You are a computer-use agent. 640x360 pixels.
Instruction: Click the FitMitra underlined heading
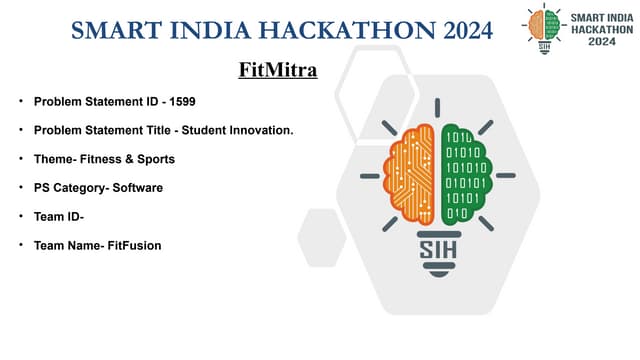(x=278, y=71)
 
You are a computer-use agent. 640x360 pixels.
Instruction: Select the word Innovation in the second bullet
(x=261, y=131)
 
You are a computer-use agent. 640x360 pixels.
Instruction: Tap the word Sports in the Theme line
(x=157, y=159)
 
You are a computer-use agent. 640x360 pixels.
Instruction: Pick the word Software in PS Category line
(x=137, y=187)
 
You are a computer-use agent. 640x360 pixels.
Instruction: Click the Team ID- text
(x=59, y=216)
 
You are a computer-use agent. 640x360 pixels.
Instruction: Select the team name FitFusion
(x=129, y=245)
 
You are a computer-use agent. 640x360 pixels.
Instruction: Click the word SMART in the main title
(x=115, y=31)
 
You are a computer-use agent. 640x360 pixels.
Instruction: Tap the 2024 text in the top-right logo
(x=601, y=42)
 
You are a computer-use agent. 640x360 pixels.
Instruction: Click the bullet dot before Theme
(x=20, y=159)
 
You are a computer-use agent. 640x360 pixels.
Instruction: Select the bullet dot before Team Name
(x=20, y=245)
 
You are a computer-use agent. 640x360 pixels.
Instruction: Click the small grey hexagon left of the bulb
(x=322, y=238)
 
